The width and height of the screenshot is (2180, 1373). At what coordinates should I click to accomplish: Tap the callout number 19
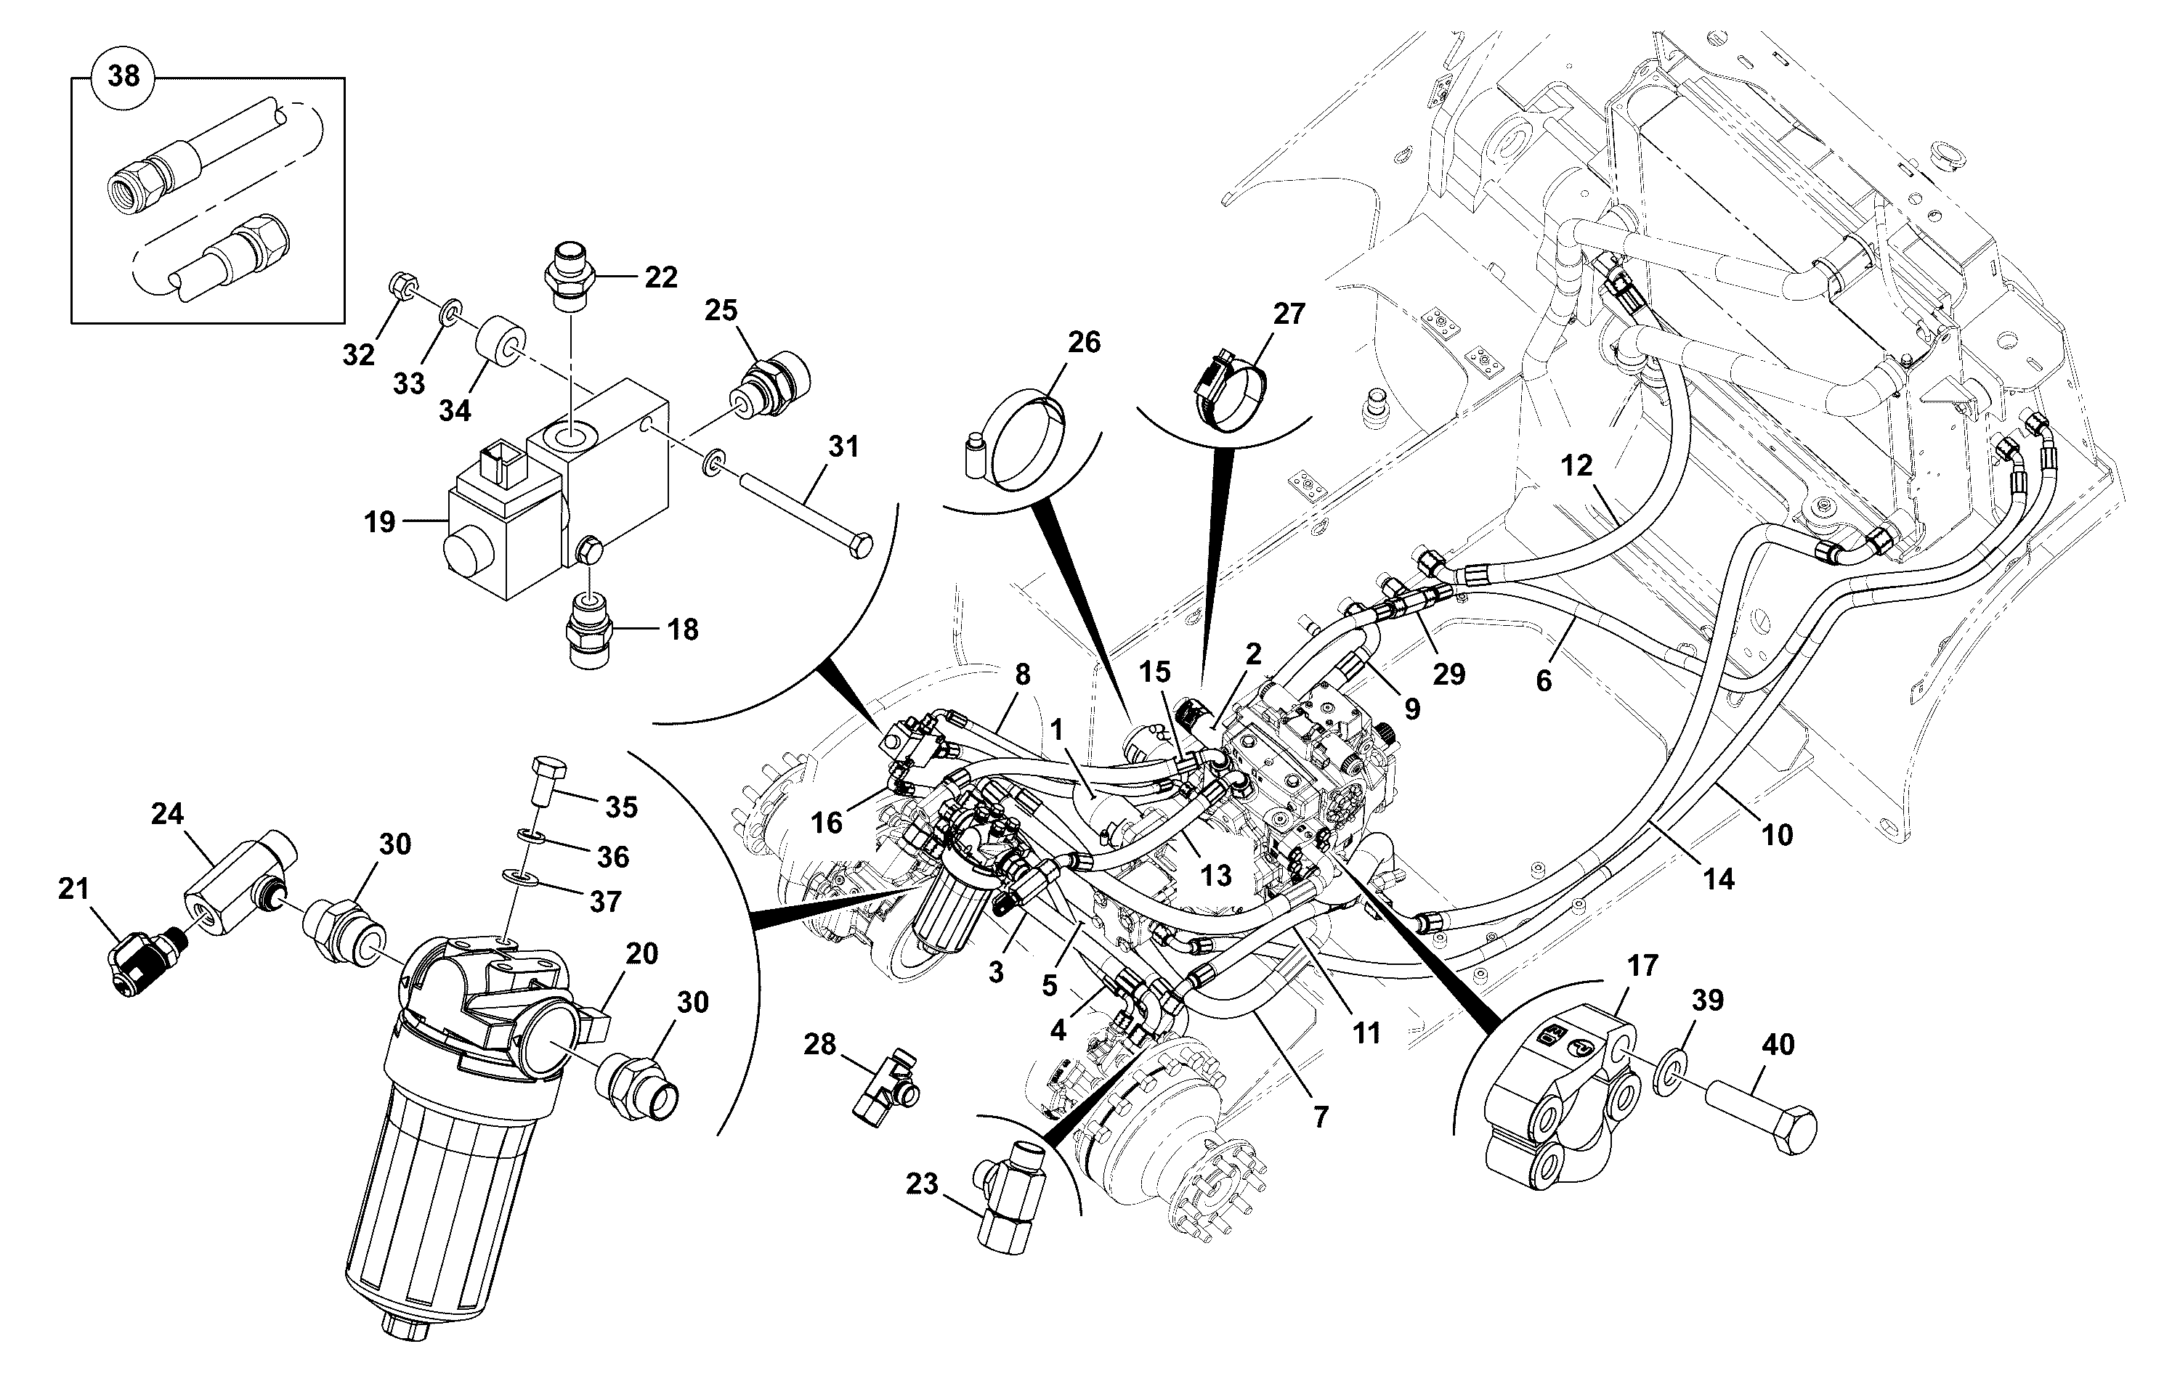point(380,522)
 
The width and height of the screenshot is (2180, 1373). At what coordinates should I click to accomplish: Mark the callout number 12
point(1576,465)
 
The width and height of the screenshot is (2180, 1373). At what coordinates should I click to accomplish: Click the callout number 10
point(1777,834)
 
